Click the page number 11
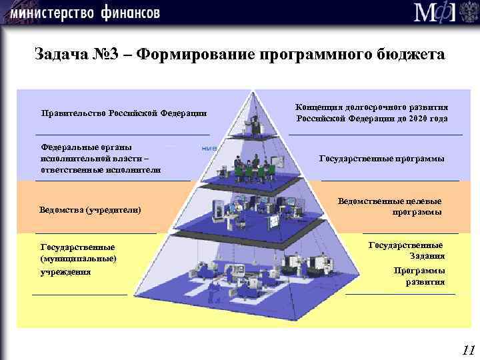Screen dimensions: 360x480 point(467,349)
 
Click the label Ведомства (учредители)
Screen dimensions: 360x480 point(91,210)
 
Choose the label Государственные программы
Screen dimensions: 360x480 point(381,159)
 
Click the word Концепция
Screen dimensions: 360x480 point(321,107)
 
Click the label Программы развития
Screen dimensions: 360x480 point(419,276)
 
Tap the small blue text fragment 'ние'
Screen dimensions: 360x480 point(209,148)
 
